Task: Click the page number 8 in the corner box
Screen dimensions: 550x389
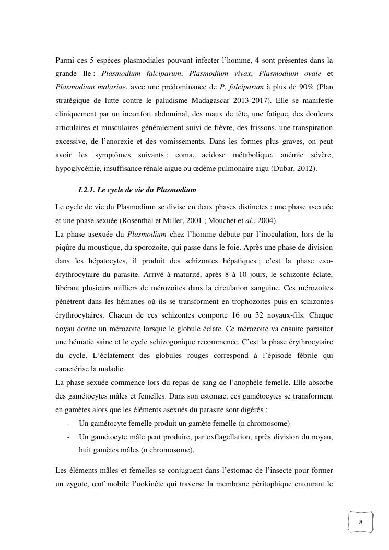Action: coord(361,523)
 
